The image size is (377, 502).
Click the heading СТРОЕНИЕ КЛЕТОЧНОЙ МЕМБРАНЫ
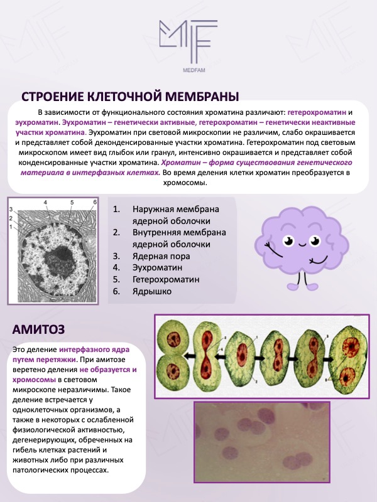tap(130, 97)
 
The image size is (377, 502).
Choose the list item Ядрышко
tap(152, 291)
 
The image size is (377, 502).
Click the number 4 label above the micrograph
tap(46, 203)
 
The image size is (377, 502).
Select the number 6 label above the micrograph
tap(94, 202)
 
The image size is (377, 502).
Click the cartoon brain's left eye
tap(288, 242)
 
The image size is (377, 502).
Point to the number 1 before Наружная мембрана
tap(116, 210)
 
